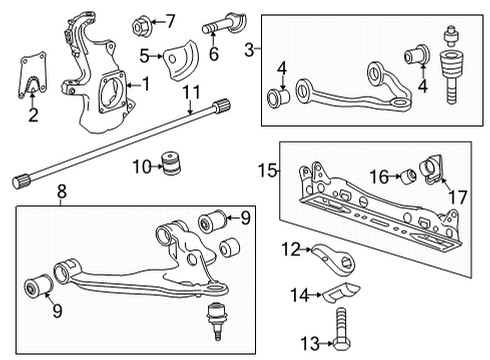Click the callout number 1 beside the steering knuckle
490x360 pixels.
(146, 84)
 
